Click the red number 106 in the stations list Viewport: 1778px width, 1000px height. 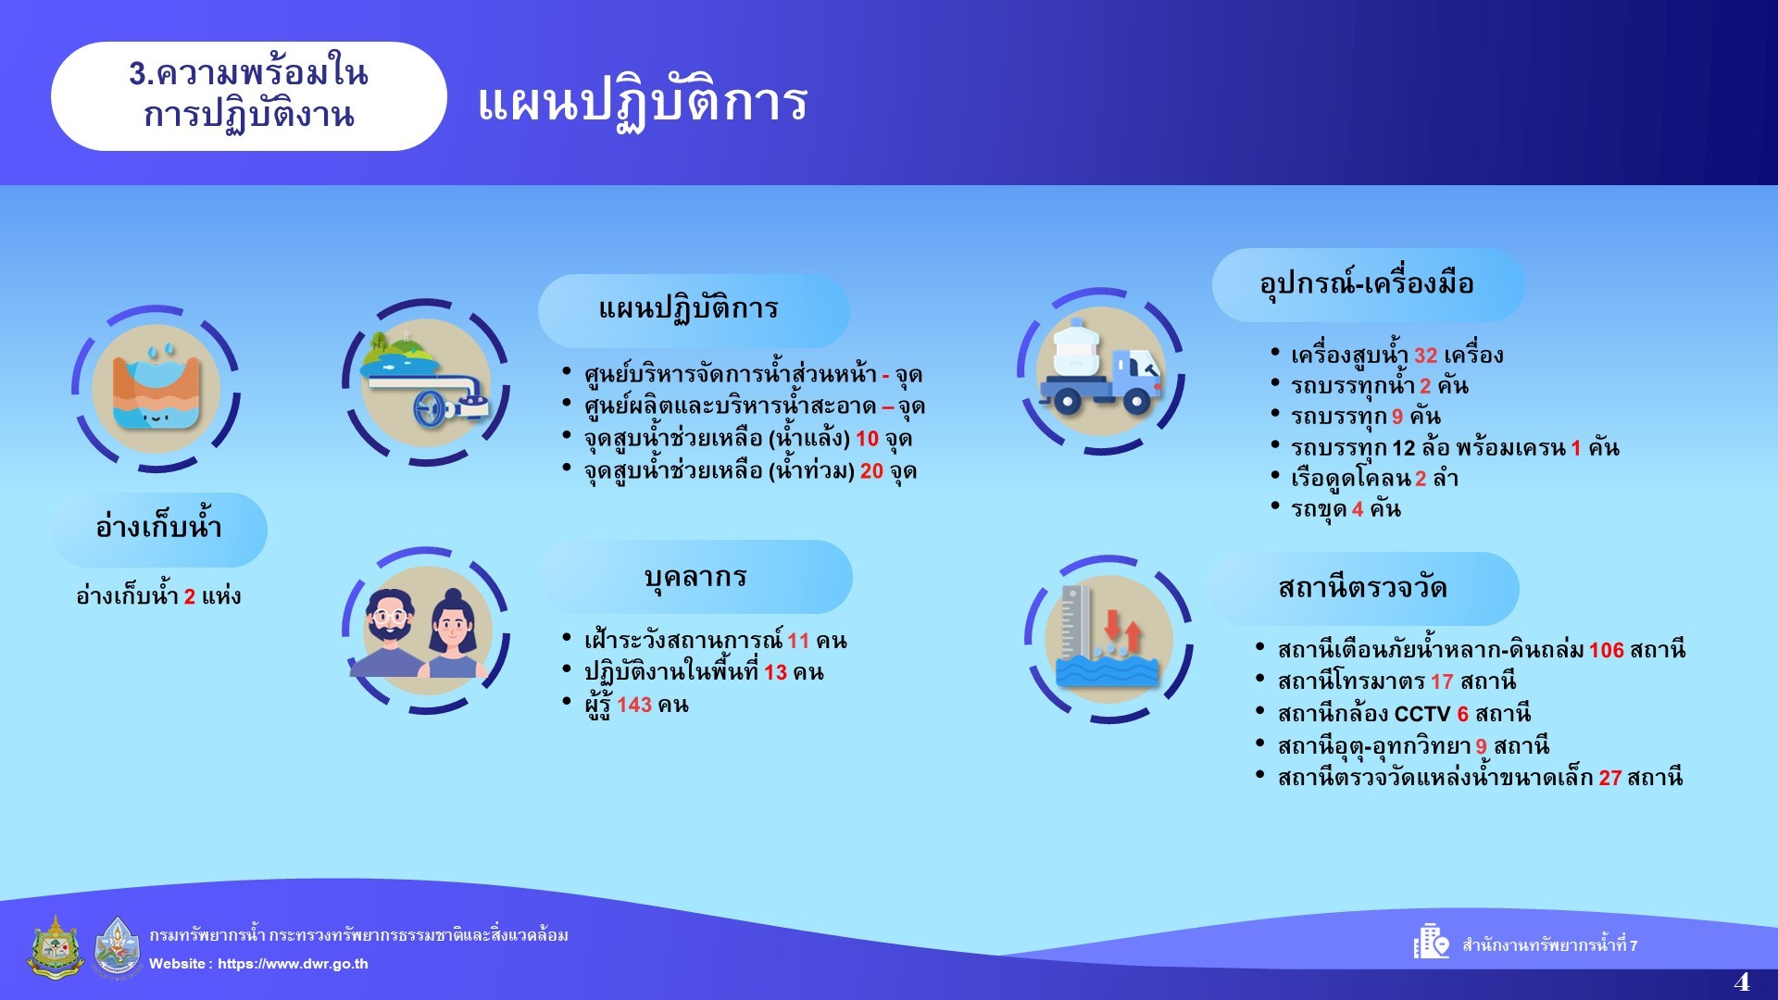pos(1607,650)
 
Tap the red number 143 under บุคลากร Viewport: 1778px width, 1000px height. pos(634,705)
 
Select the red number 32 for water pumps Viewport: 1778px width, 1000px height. pos(1426,356)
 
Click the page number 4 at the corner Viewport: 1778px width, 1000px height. pos(1742,981)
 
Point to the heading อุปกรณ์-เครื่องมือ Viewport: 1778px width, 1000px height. pos(1367,283)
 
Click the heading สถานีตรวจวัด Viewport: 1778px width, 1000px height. pos(1362,588)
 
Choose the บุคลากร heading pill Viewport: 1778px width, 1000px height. pos(695,577)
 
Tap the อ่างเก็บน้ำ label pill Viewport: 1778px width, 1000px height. pos(159,530)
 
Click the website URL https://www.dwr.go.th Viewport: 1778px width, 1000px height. pos(293,964)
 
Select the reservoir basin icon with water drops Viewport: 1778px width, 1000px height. pos(157,388)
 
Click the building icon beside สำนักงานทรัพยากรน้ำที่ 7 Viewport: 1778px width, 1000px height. pos(1431,942)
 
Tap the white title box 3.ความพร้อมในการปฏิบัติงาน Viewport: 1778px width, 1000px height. pos(248,96)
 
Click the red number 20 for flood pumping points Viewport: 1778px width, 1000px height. pos(871,471)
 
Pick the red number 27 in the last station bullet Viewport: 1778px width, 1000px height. pos(1610,778)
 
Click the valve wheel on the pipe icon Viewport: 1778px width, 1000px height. pos(429,408)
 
